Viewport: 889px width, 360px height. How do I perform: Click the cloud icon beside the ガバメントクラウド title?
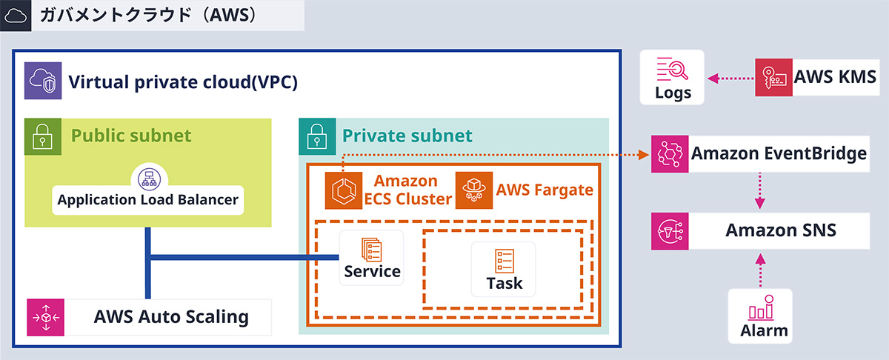16,15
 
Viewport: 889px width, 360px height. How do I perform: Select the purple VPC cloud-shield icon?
43,81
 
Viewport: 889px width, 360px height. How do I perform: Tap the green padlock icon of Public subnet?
43,136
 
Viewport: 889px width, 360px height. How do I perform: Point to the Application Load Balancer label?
148,199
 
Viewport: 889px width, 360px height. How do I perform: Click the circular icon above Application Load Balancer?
149,178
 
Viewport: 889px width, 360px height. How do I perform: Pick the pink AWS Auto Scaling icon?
46,317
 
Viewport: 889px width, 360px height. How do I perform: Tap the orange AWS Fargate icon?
474,190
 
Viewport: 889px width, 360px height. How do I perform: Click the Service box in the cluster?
372,259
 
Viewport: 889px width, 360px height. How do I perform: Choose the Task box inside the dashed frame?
504,268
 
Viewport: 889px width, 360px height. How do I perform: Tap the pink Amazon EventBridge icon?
670,154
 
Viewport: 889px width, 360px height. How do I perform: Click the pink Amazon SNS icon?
670,230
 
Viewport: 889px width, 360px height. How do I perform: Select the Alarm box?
760,316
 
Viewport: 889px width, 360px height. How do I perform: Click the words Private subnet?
407,136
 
